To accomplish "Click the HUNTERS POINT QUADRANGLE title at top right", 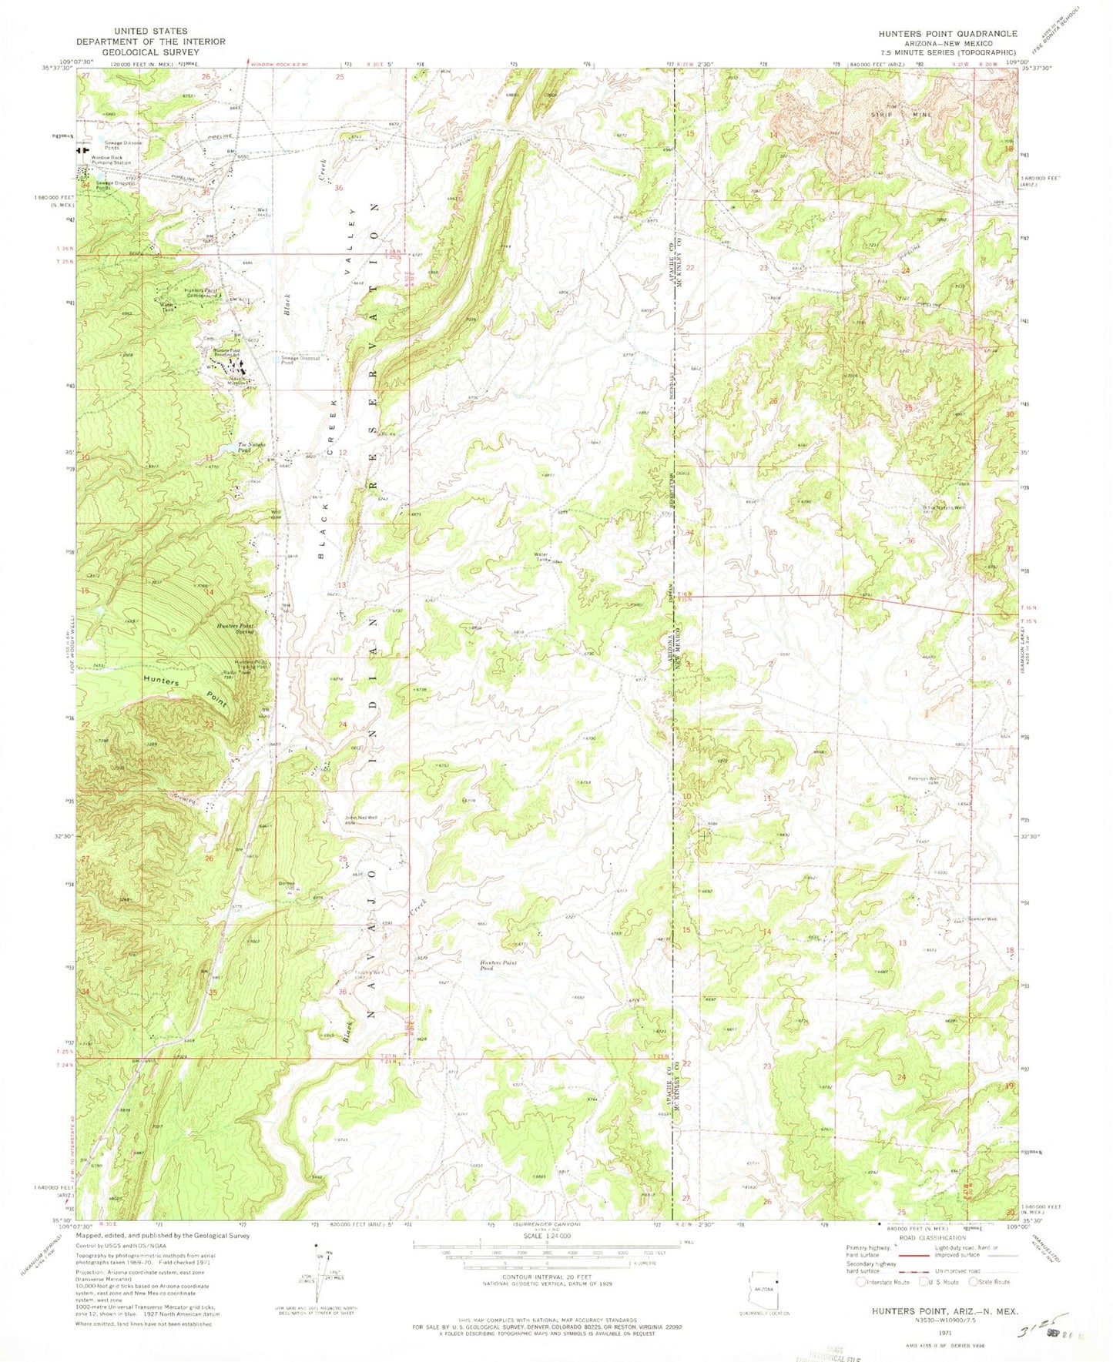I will pos(947,34).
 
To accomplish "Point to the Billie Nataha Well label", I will pos(943,507).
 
